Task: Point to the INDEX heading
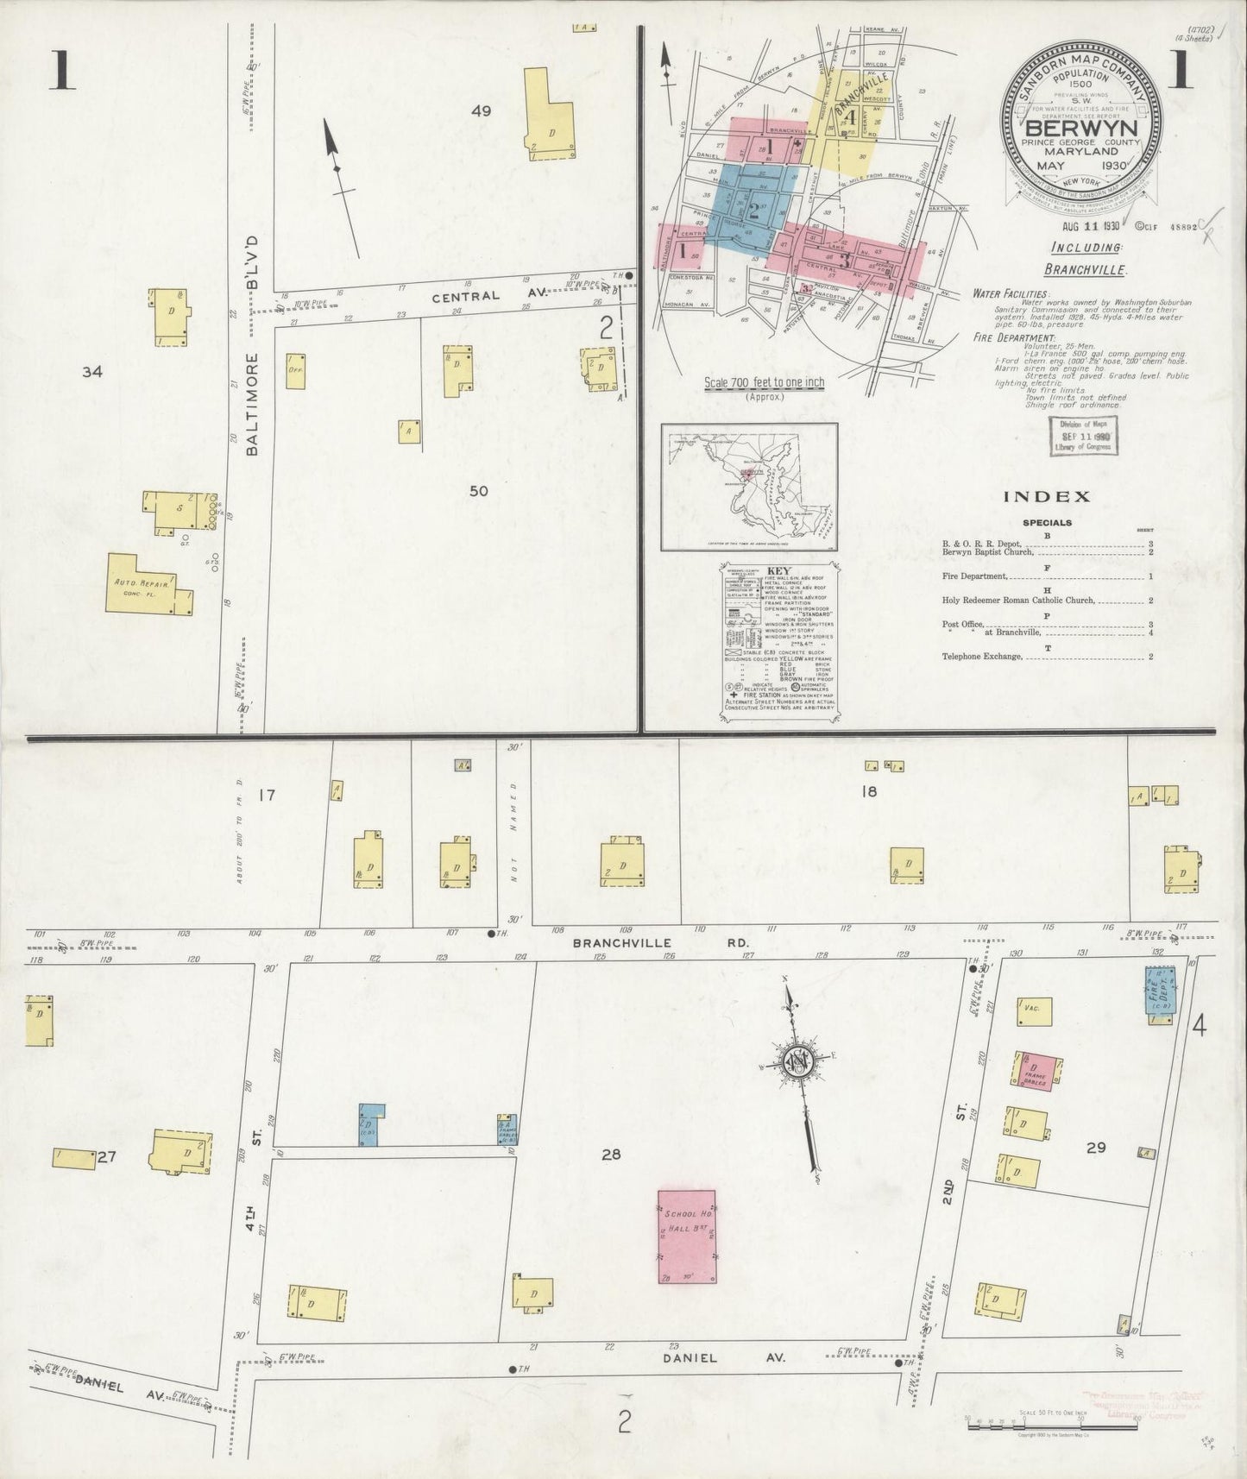point(1048,496)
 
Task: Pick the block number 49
point(482,110)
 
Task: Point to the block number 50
point(479,491)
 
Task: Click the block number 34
point(92,372)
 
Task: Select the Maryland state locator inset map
point(749,487)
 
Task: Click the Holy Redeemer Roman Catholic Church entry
point(1019,601)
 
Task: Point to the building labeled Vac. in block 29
point(1031,1008)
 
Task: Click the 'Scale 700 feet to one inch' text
point(764,382)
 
